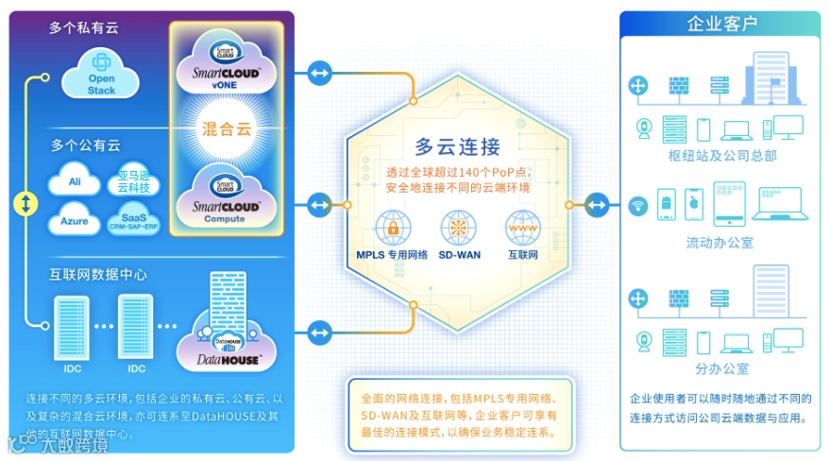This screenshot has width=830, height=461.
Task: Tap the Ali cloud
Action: [75, 181]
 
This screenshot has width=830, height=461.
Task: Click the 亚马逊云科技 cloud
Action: [133, 181]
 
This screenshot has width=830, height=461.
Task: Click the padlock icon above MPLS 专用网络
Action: [392, 228]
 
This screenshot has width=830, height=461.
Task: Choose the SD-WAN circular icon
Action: [458, 228]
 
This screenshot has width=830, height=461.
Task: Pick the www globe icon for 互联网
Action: [523, 228]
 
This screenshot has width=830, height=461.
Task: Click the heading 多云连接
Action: [458, 146]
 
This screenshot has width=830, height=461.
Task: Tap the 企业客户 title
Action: [721, 23]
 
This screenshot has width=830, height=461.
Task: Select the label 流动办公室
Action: [720, 244]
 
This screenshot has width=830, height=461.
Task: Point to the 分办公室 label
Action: [721, 368]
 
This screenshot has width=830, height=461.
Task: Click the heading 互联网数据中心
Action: [98, 275]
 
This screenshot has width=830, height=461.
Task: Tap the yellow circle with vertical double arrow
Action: [27, 202]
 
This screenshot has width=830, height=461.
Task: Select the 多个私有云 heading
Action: [85, 28]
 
